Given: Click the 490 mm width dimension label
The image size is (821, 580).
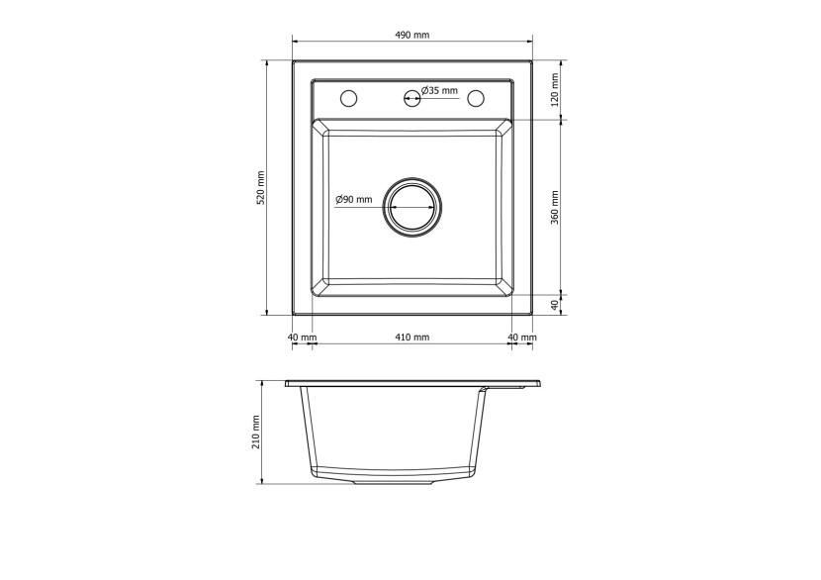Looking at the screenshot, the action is point(411,35).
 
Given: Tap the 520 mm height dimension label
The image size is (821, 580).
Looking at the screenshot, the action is point(261,188).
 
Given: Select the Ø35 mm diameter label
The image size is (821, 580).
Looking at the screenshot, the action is point(439,90).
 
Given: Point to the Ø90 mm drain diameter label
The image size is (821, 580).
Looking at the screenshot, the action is point(353,199).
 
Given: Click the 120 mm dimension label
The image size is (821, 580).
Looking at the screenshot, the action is point(555,89).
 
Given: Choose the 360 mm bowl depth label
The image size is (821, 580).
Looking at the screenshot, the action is point(555,207).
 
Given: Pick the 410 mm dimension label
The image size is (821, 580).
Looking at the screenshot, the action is point(411,337).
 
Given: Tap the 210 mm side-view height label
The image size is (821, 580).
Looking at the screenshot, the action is point(256,433).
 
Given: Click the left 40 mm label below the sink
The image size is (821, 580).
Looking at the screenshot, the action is point(302,337).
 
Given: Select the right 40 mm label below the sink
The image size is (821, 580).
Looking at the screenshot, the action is point(522,337).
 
